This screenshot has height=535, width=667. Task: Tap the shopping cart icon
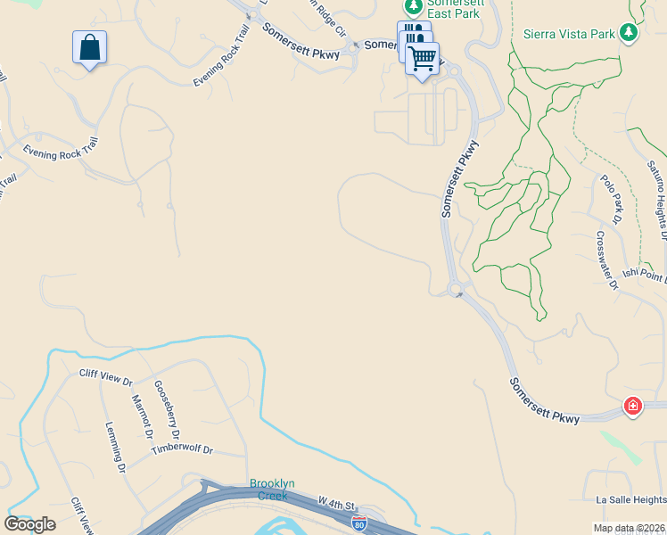pyautogui.click(x=422, y=59)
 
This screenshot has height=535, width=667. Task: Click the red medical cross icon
pyautogui.click(x=633, y=407)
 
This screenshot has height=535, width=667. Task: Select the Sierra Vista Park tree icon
pyautogui.click(x=630, y=33)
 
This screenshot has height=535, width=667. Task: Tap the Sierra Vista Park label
pyautogui.click(x=570, y=33)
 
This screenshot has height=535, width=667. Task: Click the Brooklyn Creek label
pyautogui.click(x=271, y=490)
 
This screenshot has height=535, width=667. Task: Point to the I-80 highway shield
pyautogui.click(x=358, y=521)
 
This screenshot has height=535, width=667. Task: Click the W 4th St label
pyautogui.click(x=336, y=505)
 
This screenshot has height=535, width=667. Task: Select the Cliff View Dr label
pyautogui.click(x=105, y=376)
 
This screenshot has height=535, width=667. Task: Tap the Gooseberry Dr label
pyautogui.click(x=167, y=410)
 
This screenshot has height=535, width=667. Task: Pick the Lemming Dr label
pyautogui.click(x=114, y=447)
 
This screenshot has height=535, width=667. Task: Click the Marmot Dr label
pyautogui.click(x=142, y=416)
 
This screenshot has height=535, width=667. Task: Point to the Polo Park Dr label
pyautogui.click(x=611, y=198)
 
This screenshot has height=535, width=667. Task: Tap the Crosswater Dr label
pyautogui.click(x=607, y=260)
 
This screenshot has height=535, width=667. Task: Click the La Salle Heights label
pyautogui.click(x=624, y=500)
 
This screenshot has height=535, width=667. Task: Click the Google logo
pyautogui.click(x=30, y=524)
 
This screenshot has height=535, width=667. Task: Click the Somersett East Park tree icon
pyautogui.click(x=413, y=7)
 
